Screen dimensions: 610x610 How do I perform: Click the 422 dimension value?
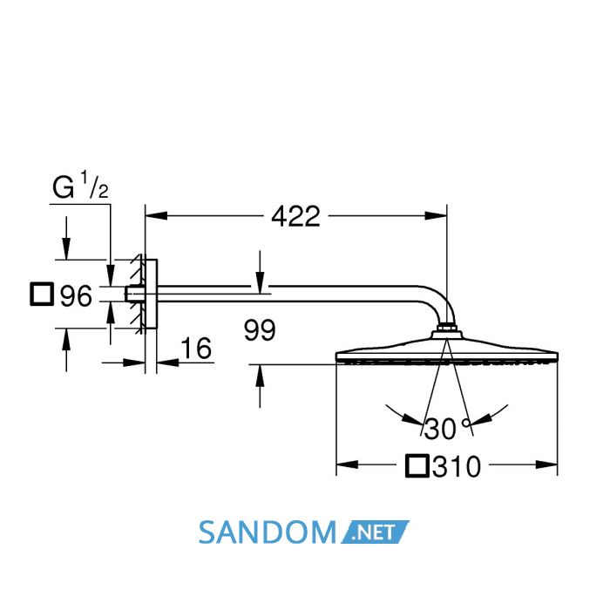[295, 216]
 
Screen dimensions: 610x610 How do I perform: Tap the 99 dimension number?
[260, 330]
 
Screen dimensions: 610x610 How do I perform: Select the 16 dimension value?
[196, 349]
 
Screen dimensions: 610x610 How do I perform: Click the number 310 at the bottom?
[457, 466]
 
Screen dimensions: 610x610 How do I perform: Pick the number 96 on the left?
[77, 295]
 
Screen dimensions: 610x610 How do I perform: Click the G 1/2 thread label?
[80, 186]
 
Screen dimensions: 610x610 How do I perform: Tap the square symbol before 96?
[42, 295]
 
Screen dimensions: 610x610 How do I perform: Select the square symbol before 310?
[417, 465]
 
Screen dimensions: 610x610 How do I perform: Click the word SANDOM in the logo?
[268, 532]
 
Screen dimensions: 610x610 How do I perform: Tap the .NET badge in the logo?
[375, 532]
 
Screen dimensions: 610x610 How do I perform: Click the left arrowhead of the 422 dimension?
[156, 215]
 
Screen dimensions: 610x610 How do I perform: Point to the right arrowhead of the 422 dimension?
[436, 215]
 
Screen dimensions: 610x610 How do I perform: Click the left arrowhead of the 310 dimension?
[347, 464]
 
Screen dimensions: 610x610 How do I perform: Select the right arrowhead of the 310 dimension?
[546, 464]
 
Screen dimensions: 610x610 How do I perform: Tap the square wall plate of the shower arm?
[151, 294]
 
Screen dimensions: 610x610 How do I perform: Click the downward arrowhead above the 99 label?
[260, 281]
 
